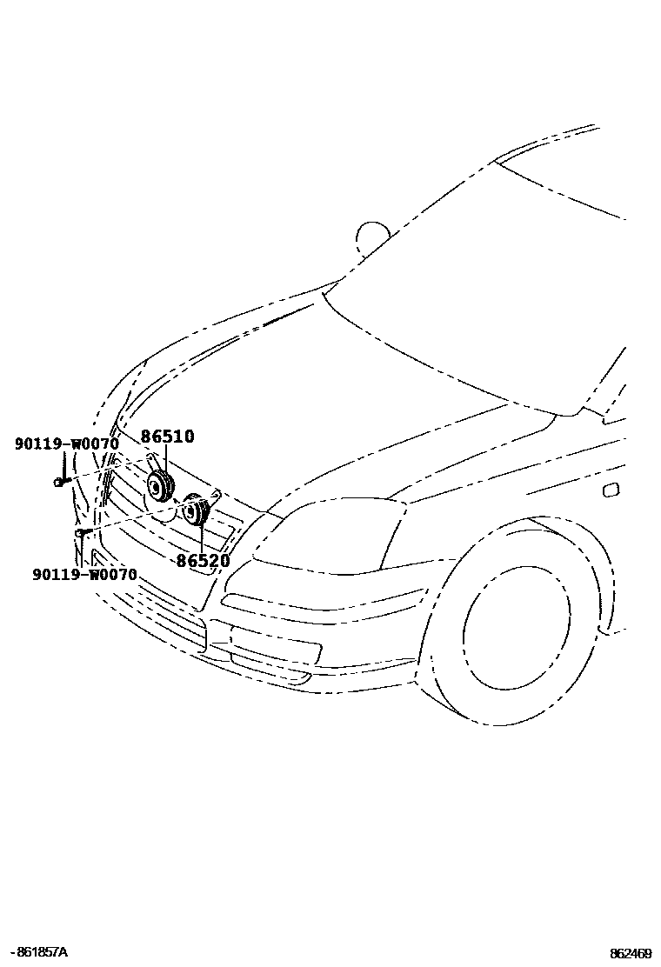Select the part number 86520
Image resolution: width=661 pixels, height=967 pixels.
[203, 561]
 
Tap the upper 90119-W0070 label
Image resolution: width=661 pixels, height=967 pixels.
[66, 444]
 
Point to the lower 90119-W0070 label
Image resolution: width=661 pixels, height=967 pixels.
[84, 575]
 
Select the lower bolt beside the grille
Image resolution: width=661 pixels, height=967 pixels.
[80, 531]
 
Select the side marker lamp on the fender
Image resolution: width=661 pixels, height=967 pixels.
[611, 490]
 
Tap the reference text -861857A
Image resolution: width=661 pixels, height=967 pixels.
[37, 953]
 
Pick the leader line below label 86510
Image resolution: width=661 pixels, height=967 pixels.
[165, 459]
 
